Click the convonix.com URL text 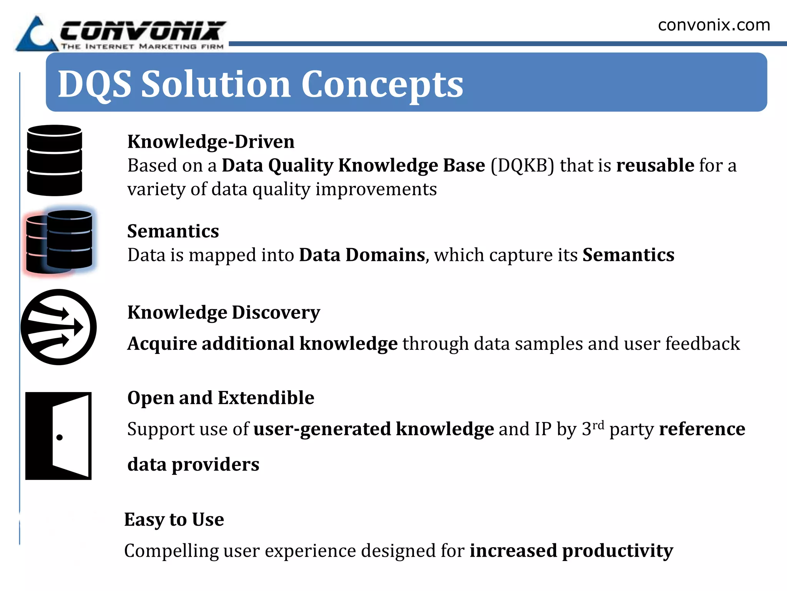tap(714, 25)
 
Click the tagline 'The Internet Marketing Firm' tap(142, 47)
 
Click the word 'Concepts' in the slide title tap(382, 85)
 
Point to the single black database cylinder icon tap(55, 160)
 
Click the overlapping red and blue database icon tap(60, 241)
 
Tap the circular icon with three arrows tap(58, 327)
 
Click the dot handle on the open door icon tap(60, 437)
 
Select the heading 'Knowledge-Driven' tap(211, 142)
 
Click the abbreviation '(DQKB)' tap(522, 165)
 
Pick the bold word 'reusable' tap(655, 165)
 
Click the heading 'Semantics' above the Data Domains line tap(173, 231)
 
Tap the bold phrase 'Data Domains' tap(362, 255)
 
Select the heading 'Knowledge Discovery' tap(224, 312)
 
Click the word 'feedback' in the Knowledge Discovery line tap(702, 344)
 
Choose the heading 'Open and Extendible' tap(221, 398)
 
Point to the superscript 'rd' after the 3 tap(598, 425)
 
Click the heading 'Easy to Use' tap(174, 519)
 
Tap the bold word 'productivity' tap(617, 551)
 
